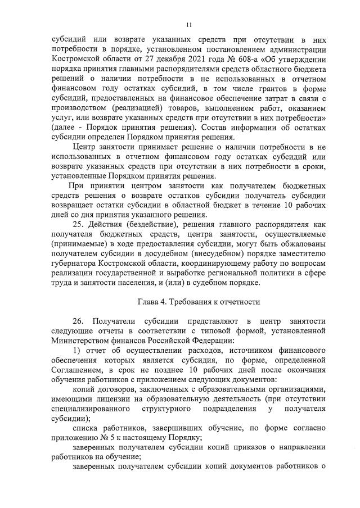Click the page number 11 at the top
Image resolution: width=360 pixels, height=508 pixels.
189,25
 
